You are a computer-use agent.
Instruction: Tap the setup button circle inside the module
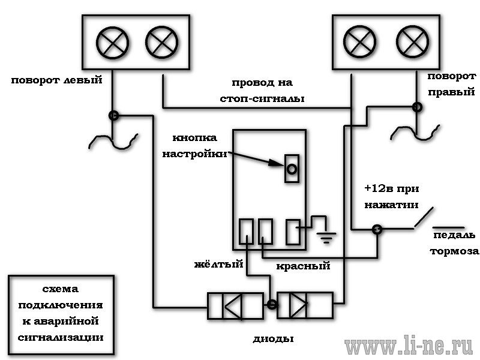point(292,169)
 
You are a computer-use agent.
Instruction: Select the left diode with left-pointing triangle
point(235,306)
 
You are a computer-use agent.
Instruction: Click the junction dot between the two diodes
point(272,304)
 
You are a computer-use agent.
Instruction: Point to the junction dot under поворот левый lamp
point(113,115)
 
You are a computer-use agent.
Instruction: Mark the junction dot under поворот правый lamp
point(417,107)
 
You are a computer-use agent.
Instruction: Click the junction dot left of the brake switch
point(377,229)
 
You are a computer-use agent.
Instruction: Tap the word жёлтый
point(218,264)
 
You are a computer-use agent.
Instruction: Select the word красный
point(303,266)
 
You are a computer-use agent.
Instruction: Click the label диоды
point(273,339)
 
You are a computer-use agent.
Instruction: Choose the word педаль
point(454,235)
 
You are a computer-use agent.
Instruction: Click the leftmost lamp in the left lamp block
point(112,43)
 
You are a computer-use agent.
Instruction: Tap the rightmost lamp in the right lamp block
point(412,41)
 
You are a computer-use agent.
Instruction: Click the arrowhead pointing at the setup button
point(277,163)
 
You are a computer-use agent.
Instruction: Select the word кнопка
point(194,138)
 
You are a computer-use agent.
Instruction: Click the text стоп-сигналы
point(262,98)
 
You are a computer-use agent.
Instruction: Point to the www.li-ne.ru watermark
point(409,346)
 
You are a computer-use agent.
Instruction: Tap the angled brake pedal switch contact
point(424,217)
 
